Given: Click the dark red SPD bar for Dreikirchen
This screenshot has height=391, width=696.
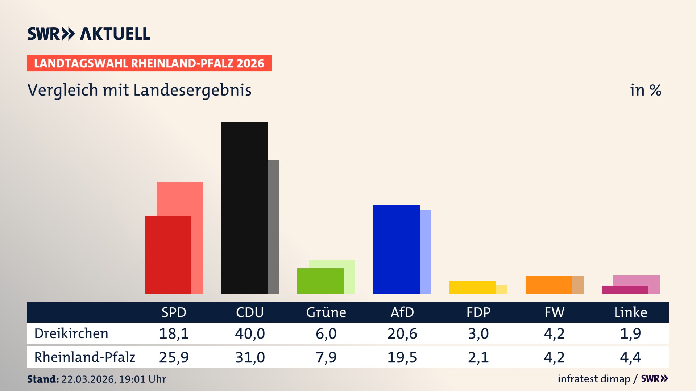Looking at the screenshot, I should (x=168, y=255).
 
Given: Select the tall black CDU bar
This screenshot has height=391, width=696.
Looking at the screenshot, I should (x=244, y=207).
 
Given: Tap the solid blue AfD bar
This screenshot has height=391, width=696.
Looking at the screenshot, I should (x=396, y=249).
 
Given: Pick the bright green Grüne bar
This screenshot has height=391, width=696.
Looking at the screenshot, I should (x=320, y=281).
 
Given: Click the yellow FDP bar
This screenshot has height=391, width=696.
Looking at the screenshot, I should (x=472, y=287).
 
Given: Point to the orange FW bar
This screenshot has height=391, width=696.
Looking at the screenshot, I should (x=548, y=285).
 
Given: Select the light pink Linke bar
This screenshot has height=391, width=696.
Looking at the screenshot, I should (x=637, y=280).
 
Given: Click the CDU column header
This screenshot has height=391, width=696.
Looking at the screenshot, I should (x=250, y=312).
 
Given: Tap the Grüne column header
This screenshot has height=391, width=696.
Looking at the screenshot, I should (x=326, y=312).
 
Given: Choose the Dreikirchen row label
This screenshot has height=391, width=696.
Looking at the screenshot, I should (x=71, y=333).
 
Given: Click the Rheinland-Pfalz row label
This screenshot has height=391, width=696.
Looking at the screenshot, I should (x=84, y=357).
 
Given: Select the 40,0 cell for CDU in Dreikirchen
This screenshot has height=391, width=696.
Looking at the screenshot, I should (x=250, y=333).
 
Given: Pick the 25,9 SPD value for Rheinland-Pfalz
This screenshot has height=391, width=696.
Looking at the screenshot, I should (x=174, y=357).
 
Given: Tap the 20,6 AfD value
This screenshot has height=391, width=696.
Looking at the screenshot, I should (x=402, y=333).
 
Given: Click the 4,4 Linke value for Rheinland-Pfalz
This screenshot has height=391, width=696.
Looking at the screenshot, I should (x=630, y=357).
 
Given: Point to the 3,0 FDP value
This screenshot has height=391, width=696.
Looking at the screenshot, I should (x=478, y=333).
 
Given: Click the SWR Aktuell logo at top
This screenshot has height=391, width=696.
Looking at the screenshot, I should (x=89, y=34).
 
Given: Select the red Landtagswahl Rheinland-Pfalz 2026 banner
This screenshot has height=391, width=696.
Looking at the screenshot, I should (x=149, y=63).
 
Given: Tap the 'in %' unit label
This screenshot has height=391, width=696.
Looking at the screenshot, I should (x=645, y=90).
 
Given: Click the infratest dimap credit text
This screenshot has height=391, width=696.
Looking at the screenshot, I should (x=594, y=379).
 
